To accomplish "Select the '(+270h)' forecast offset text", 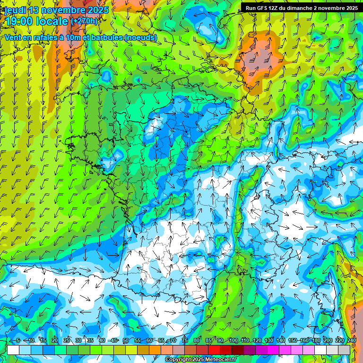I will [x=84, y=21].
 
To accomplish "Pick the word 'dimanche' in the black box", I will [x=303, y=8].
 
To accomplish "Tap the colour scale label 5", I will [x=18, y=341].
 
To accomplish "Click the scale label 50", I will [x=126, y=341].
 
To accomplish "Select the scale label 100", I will [x=233, y=341].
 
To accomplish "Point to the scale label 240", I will [x=352, y=341].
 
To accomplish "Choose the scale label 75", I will [x=185, y=341].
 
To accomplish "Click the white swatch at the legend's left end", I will [x=13, y=350].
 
